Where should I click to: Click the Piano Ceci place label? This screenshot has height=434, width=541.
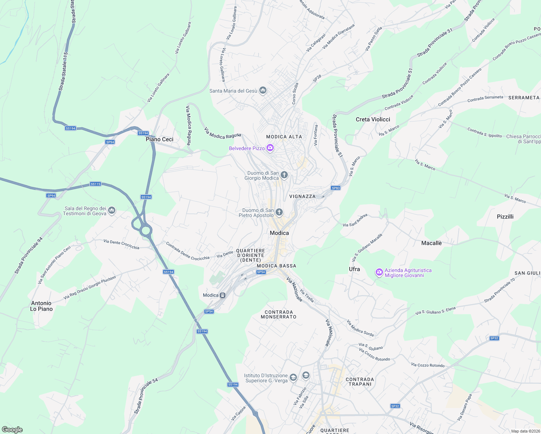point(159,139)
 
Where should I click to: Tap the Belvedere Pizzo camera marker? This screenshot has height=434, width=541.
point(270,148)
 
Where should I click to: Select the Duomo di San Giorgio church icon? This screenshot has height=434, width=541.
point(284,175)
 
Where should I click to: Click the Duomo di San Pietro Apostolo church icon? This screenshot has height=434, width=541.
point(279,212)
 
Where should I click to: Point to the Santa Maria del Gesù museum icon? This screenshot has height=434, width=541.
point(263,90)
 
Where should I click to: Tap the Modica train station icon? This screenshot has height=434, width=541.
point(223,295)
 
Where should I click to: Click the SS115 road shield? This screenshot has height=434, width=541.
point(95,184)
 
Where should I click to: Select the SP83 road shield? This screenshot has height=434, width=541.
point(336,188)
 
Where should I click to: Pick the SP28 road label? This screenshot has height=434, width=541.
point(317,78)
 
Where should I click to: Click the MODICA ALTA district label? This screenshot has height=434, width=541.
point(284,137)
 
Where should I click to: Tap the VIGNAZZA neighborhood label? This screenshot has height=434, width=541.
point(302,196)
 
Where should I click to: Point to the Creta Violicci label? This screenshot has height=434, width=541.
point(373,119)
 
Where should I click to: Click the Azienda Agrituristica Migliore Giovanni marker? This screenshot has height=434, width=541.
point(379,272)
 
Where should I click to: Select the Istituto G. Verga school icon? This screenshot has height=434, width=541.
point(306,375)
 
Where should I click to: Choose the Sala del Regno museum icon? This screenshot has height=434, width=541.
point(112,210)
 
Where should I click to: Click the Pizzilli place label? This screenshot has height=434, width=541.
point(505,217)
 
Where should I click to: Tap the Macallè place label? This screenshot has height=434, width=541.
point(431,243)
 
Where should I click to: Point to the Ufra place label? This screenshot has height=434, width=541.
point(354,269)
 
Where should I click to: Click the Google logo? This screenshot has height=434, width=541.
point(12,430)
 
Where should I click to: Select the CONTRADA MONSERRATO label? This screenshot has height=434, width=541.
point(278,314)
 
